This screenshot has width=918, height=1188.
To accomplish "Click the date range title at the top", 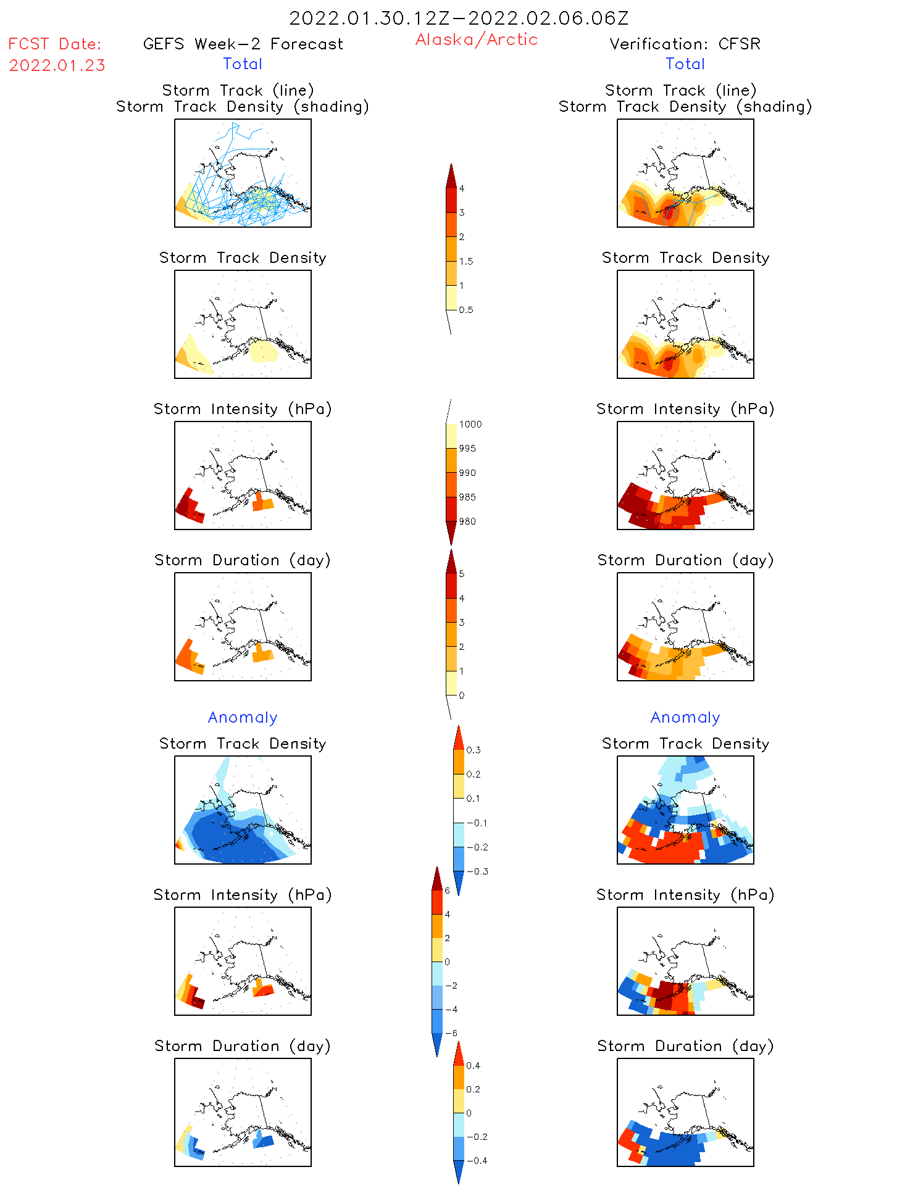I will (x=459, y=19).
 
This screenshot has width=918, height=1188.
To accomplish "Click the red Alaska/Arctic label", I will (x=476, y=39).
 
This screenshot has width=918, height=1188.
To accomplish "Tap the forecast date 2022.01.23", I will (x=57, y=65).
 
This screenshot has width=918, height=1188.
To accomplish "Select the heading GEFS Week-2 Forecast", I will (x=243, y=44).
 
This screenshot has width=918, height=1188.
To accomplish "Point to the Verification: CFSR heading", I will (x=685, y=44).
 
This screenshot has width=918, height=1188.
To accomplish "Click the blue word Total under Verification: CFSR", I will (x=685, y=64).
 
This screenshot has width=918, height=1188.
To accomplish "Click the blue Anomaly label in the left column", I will (x=243, y=718).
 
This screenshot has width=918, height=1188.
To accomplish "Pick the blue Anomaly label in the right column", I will (x=685, y=718).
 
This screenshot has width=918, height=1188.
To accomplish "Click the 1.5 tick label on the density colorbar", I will (x=466, y=262).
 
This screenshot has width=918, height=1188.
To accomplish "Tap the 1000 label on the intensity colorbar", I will (x=470, y=425).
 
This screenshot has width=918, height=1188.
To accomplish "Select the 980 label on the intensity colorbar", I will (x=467, y=521).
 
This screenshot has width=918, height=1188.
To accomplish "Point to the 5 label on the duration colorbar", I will (x=462, y=574).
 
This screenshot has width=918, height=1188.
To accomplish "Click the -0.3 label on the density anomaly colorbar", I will (x=477, y=872).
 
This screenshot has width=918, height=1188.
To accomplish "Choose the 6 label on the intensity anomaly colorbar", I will (x=448, y=891).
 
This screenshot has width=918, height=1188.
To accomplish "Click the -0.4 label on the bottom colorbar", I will (x=477, y=1161).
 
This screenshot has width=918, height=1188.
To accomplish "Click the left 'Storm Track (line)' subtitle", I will (x=238, y=91).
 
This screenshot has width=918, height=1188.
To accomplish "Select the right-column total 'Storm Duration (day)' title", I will (x=685, y=560).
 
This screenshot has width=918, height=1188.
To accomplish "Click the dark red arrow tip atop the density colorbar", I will (x=451, y=174).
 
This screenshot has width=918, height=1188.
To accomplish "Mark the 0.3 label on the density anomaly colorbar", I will (x=473, y=750).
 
